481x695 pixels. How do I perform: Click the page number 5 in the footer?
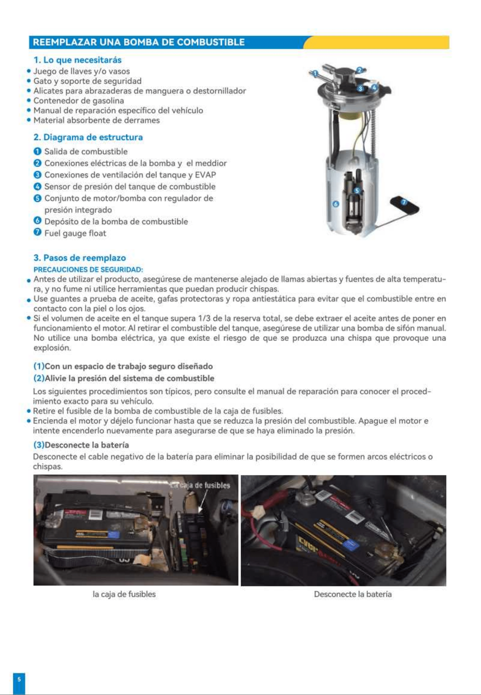pos(19,679)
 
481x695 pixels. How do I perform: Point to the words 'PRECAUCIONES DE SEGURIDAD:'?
pos(88,269)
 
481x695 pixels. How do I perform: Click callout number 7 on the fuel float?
pos(404,202)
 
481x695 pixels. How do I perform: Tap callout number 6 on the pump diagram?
pos(336,204)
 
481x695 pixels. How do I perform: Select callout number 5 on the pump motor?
pos(357,190)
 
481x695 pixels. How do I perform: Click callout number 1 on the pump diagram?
pos(315,73)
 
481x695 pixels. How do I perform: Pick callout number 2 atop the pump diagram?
pos(359,70)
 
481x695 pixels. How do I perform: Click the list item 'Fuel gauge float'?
pos(75,233)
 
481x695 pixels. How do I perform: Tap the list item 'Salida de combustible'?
pos(86,151)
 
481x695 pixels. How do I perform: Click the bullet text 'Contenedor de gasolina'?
pos(79,100)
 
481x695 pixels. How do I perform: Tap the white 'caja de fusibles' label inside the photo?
pos(200,485)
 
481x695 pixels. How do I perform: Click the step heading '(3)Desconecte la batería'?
pos(81,445)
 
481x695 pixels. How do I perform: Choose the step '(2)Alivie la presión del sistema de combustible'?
pos(124,378)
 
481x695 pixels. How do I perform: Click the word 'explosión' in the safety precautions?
pos(52,348)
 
